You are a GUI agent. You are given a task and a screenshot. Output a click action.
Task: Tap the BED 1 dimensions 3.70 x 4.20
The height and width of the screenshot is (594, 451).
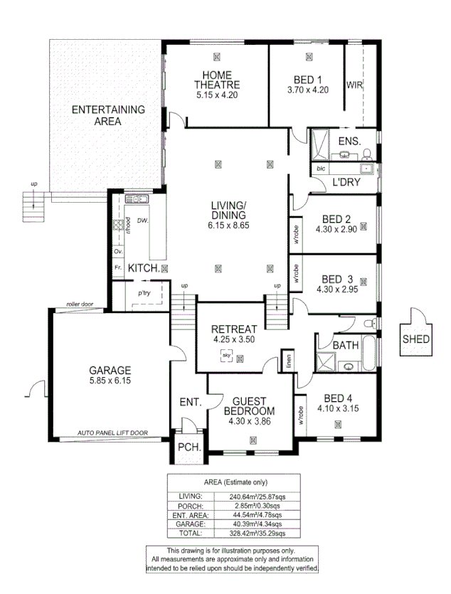click(x=307, y=90)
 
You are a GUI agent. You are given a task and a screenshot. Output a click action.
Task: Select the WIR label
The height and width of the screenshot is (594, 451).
click(x=354, y=85)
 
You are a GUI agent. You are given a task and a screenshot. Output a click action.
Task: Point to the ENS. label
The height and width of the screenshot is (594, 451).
click(x=349, y=141)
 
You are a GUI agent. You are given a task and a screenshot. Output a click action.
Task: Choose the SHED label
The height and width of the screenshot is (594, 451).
click(x=415, y=339)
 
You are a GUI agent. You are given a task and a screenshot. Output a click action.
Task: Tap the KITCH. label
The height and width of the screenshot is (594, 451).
click(x=142, y=267)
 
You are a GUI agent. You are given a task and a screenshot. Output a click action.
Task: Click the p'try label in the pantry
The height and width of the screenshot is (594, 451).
click(x=144, y=292)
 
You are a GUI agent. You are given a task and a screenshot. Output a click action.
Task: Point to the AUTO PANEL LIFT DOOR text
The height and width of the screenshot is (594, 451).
click(x=112, y=433)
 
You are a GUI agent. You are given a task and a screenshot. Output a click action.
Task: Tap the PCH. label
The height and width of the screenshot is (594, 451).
click(x=189, y=447)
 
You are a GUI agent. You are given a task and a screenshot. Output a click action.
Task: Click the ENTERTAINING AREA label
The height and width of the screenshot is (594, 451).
click(x=108, y=115)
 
